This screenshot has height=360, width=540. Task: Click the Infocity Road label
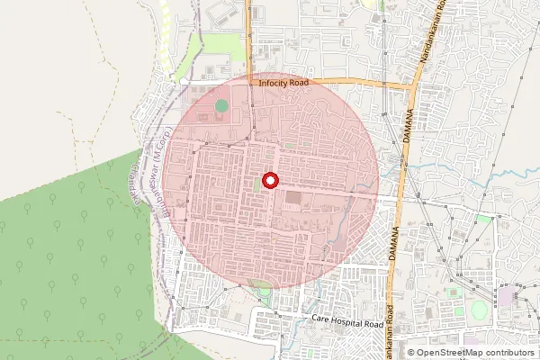(x=283, y=83)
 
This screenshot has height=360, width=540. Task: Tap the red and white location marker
(x=269, y=180)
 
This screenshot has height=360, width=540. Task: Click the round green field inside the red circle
(x=221, y=106)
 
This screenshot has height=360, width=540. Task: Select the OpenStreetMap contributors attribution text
(x=470, y=353)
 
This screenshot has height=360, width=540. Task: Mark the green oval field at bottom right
(x=479, y=310)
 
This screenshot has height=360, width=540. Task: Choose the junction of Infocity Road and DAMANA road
(x=412, y=86)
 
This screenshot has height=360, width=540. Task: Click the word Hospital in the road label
(x=347, y=320)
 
